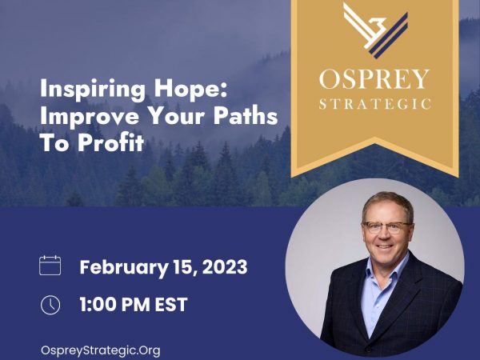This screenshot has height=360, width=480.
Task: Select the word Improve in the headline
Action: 89,117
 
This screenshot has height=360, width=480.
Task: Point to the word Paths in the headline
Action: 246,116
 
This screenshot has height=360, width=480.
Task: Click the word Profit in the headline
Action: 110,142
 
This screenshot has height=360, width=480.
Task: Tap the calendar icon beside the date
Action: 50,266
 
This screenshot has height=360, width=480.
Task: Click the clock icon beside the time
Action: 50,305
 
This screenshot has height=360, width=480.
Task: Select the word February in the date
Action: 124,268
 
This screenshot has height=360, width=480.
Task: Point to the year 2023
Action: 225,267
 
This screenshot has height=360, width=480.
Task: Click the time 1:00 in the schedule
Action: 98,305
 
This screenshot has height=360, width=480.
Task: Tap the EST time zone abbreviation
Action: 171,305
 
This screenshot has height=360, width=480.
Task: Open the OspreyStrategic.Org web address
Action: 101,350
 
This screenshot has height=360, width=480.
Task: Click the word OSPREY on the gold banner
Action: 374,79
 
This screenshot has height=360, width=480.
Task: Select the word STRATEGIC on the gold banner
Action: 375,104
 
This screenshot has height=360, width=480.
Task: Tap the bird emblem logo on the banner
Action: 376,30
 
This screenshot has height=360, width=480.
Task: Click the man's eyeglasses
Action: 386,227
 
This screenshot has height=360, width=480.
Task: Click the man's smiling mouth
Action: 384,246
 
